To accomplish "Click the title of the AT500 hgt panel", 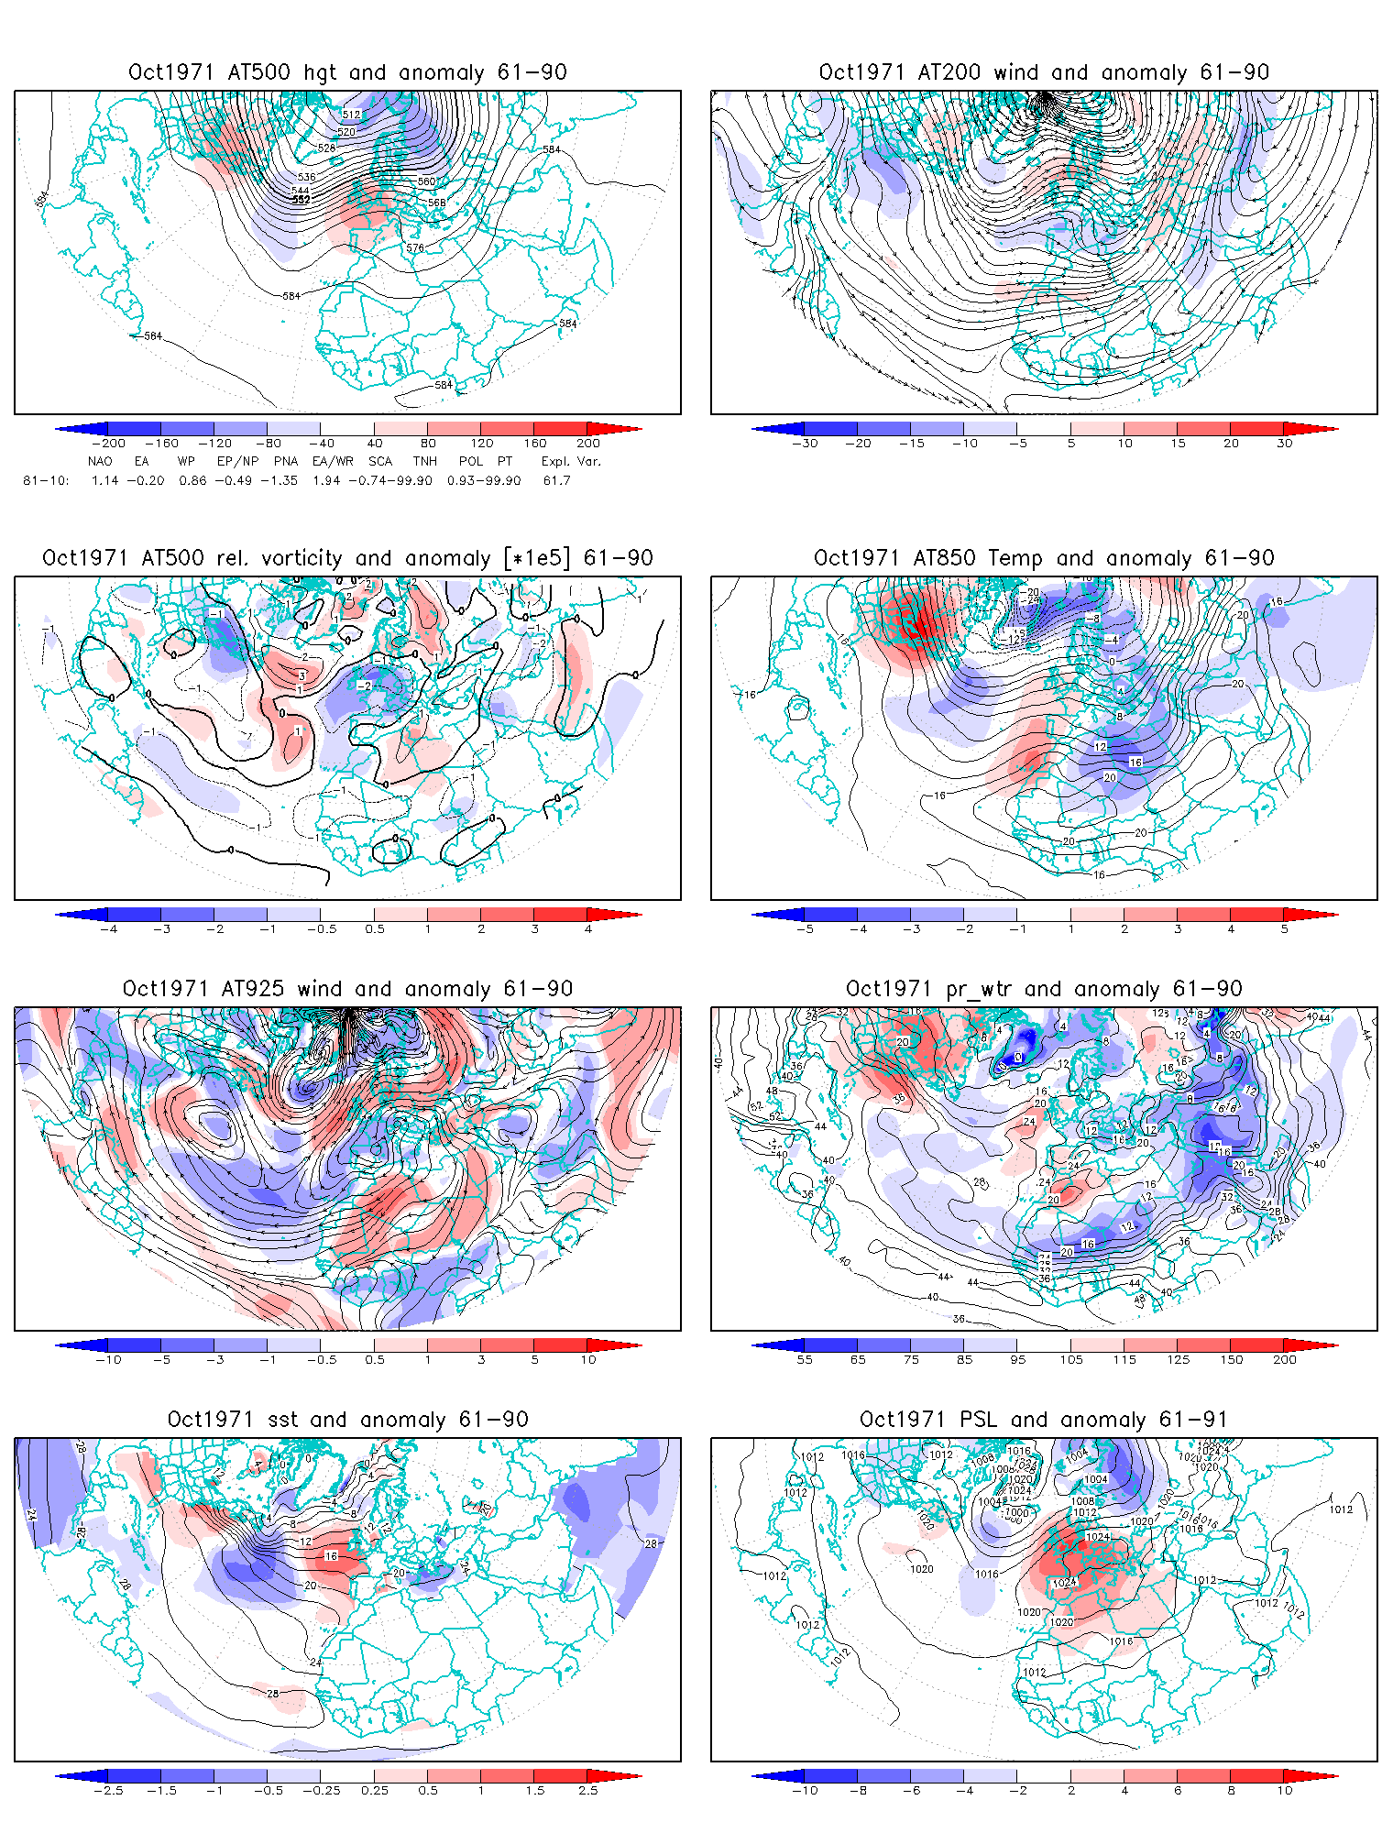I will [x=347, y=72].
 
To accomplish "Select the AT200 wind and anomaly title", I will [x=1044, y=72].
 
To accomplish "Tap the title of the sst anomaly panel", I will [x=347, y=1420].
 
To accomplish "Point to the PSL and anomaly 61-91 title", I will [x=1043, y=1420].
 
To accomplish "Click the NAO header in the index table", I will [x=100, y=461].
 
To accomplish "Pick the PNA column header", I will [x=286, y=461].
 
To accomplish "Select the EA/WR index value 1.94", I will [x=326, y=480].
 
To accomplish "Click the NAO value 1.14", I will [x=104, y=480].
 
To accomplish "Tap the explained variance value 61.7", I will [x=556, y=480].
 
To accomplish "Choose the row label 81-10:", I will [x=46, y=480].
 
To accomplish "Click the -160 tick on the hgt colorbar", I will [x=161, y=444].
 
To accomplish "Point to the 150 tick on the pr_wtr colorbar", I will [x=1232, y=1359].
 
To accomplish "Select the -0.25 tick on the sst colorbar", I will [x=321, y=1790].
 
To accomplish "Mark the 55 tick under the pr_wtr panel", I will [x=805, y=1359].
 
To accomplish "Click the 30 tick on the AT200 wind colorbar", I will [x=1285, y=444].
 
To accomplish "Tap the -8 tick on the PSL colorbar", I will [x=858, y=1790].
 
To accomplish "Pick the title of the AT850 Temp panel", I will [x=1044, y=558].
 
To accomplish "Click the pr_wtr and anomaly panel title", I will [x=1044, y=989].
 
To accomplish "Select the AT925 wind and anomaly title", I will [x=347, y=989].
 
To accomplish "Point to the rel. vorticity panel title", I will [x=347, y=558].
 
